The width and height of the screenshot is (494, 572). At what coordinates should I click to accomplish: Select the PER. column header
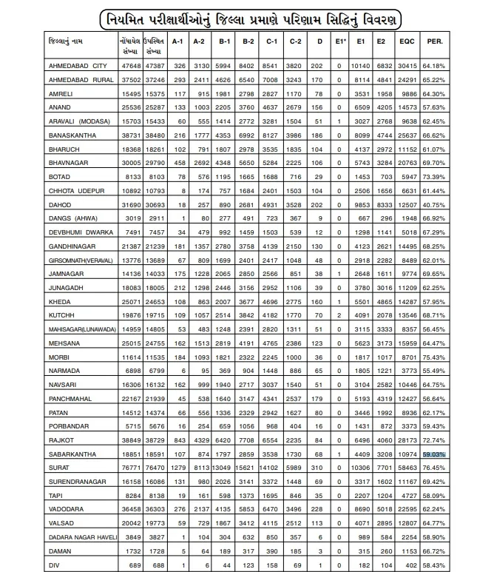(x=456, y=42)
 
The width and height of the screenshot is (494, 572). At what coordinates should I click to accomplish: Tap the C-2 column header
(x=295, y=42)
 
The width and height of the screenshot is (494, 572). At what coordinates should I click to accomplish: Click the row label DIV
(x=53, y=565)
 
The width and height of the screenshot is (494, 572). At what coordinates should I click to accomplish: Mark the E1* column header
(x=339, y=42)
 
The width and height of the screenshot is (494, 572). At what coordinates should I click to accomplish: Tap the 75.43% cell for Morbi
(x=456, y=357)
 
